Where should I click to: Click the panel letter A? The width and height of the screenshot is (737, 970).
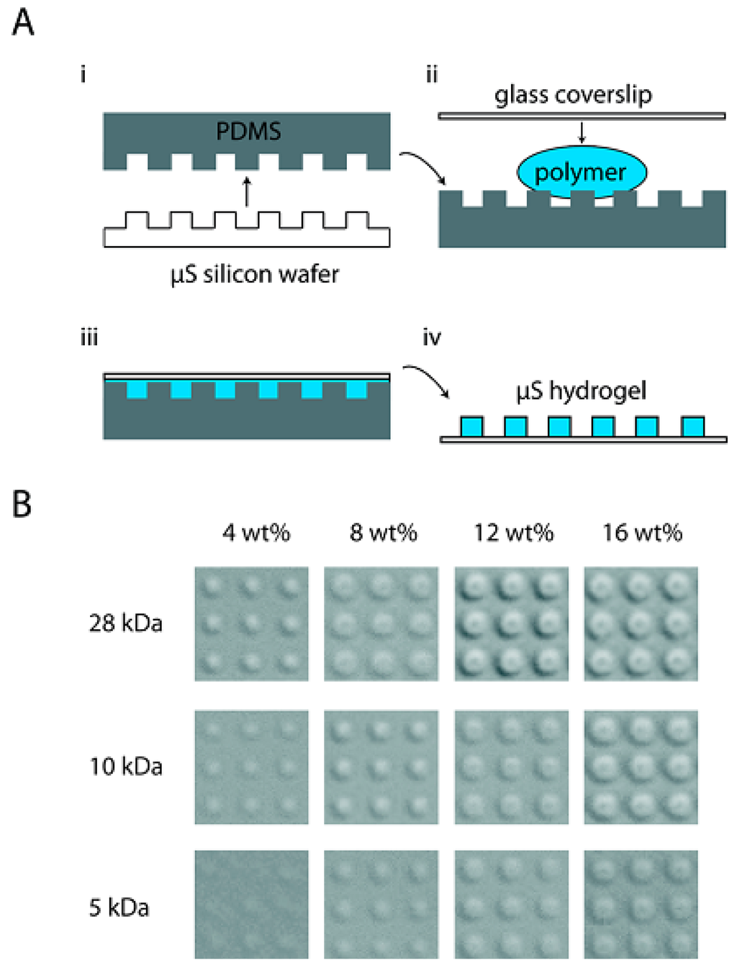[23, 22]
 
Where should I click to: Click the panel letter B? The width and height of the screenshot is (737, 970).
[22, 503]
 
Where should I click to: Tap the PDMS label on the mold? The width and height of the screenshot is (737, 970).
[248, 132]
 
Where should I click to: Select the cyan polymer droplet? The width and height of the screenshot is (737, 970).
[581, 173]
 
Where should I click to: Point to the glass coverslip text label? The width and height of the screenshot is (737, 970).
[573, 95]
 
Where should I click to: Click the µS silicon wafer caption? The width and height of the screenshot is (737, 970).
[255, 275]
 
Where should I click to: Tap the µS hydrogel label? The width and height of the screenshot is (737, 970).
[582, 391]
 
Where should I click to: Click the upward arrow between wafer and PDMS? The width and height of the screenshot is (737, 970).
[247, 192]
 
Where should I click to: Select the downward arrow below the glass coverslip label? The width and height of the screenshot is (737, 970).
[582, 132]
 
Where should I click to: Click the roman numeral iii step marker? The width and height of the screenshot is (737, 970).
[89, 338]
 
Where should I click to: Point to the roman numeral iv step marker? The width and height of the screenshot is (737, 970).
[432, 338]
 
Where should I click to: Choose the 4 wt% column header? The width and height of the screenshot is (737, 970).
[256, 533]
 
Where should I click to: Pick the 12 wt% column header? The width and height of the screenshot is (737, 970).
[514, 533]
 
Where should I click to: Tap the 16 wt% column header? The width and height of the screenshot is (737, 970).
[642, 533]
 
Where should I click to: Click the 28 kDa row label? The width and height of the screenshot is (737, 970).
[126, 623]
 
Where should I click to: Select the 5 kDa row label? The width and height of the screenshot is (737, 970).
[119, 907]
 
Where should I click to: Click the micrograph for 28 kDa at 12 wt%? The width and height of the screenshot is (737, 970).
[511, 623]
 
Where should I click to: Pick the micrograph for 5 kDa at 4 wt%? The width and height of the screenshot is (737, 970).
[251, 904]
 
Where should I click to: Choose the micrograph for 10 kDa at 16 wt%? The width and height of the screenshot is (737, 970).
[641, 767]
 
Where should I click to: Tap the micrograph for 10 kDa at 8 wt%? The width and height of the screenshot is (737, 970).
[381, 767]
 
